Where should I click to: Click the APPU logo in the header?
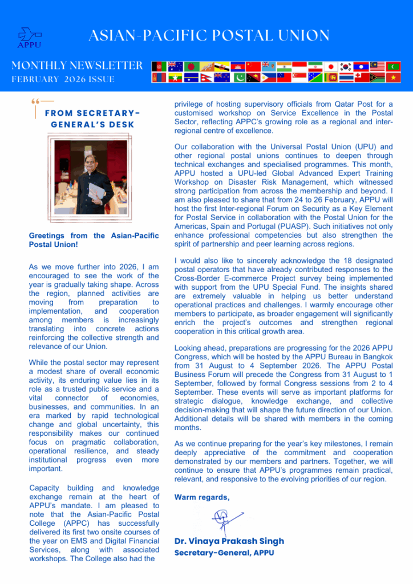(29, 37)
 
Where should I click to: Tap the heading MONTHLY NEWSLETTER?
(77, 65)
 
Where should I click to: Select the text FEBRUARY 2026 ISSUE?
(63, 79)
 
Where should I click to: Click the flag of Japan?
(330, 67)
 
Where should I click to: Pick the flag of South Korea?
(345, 67)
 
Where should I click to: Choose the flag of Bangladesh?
(191, 67)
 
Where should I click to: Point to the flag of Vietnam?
(392, 78)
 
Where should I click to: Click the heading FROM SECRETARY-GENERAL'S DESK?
(92, 119)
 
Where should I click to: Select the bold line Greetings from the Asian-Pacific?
(94, 236)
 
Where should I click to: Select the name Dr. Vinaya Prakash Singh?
(229, 541)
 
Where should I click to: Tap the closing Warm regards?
(202, 497)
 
